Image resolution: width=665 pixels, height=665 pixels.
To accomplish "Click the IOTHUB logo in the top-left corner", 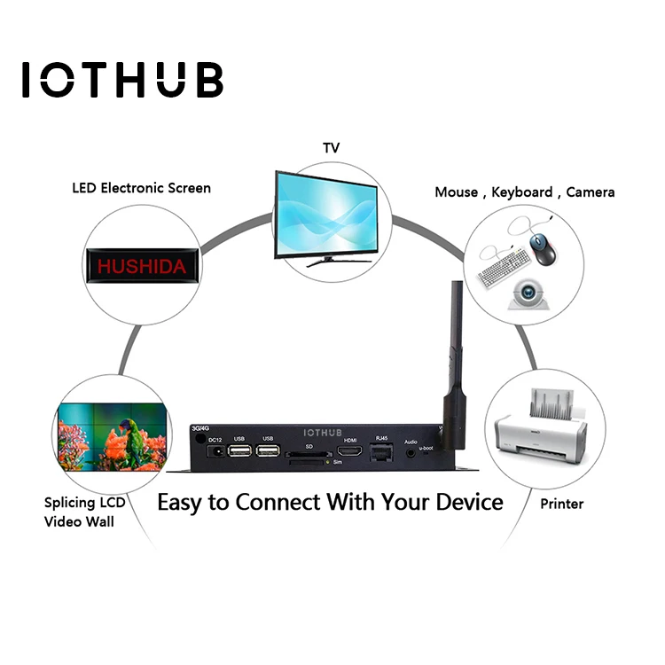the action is point(122,80).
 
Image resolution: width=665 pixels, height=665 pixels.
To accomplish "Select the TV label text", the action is point(331,147).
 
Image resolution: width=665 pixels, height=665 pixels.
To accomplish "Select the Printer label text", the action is point(562,504).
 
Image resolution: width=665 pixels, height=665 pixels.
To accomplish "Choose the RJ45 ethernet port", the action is point(383,454).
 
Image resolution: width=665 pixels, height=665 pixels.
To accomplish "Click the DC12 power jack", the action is point(215,454).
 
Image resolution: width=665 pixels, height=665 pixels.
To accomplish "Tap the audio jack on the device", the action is point(410,453).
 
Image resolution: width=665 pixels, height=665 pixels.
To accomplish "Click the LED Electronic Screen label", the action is point(142,188).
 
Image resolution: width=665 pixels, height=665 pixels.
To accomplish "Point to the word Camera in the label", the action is point(591,192).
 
